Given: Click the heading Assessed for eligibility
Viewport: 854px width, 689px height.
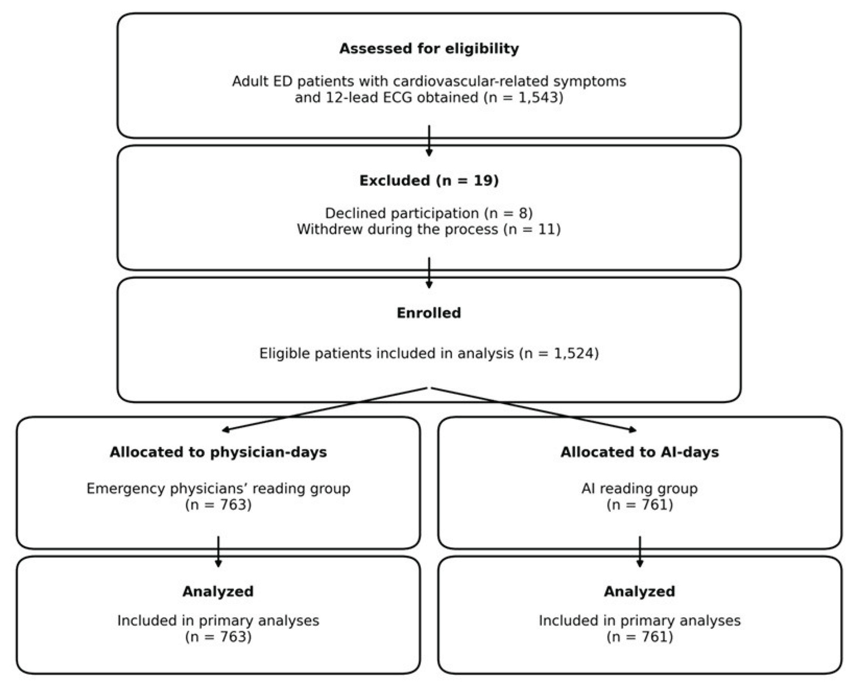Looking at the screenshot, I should tap(429, 48).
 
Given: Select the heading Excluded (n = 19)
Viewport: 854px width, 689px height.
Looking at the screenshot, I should tap(429, 181).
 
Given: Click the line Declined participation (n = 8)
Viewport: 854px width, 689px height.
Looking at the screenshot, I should tap(429, 214).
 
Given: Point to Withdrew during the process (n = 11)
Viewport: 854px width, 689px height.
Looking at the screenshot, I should tap(429, 229).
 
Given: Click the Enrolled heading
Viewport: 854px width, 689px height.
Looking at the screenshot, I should tap(429, 313).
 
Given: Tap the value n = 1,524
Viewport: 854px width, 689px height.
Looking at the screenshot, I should tap(559, 353).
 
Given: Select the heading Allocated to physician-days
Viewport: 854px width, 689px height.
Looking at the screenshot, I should tap(219, 452).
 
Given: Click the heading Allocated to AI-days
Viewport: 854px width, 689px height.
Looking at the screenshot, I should tap(640, 452).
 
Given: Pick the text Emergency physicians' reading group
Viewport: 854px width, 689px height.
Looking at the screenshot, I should tap(219, 488).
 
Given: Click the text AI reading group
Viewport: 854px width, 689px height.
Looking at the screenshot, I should tap(640, 488).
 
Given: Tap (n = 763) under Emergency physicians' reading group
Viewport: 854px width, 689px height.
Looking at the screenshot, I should tap(219, 505).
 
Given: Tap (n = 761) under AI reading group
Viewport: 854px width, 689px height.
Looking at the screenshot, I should tap(640, 505).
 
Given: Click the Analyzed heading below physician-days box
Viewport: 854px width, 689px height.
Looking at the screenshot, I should tap(219, 591).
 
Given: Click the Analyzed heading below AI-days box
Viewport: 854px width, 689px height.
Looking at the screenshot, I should tap(640, 591).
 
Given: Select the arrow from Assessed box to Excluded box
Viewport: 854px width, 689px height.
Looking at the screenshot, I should tap(429, 141).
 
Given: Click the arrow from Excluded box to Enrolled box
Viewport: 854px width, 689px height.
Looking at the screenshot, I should tap(429, 273).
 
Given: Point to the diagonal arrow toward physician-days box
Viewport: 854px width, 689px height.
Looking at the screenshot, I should tap(325, 409).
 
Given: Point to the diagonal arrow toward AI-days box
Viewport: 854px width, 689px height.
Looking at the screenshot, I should tap(533, 409).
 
